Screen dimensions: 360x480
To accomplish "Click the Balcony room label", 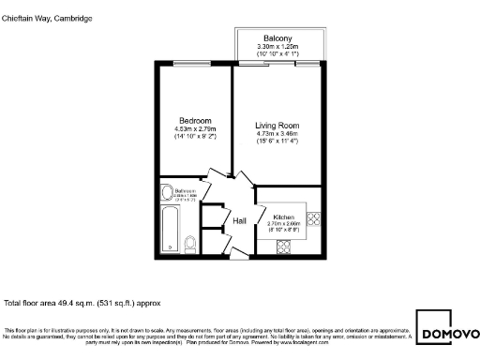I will pos(278,37).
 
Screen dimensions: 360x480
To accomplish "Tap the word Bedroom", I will pos(196,121).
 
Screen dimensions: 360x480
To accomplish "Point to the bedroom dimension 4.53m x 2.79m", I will pos(196,129).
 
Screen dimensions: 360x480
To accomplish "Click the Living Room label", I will pos(277,126).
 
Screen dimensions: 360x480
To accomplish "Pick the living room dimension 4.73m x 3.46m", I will pos(277,134).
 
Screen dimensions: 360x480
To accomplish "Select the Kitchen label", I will pos(283,217).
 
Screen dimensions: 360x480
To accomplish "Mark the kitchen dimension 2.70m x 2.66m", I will pos(283,224).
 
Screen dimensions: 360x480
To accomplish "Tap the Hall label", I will pos(240,221).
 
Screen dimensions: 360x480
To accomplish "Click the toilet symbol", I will pos(190,244).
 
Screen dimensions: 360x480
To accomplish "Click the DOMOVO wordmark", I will pos(450,335).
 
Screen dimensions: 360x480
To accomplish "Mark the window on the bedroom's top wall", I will pos(193,63).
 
